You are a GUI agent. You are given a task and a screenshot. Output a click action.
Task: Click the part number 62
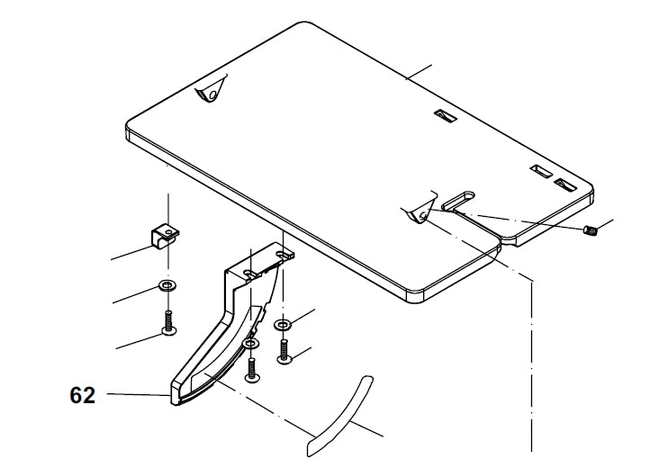(83, 395)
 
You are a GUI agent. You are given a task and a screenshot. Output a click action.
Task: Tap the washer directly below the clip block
(167, 285)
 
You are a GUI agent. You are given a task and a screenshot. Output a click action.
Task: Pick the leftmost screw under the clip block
(168, 323)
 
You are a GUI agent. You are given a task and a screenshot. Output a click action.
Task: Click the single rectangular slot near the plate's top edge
(446, 116)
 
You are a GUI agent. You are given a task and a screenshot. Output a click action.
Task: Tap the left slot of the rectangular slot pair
(542, 171)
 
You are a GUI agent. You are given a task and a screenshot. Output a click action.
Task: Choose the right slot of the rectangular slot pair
(566, 184)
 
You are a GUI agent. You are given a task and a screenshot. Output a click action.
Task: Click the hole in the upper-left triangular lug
(213, 94)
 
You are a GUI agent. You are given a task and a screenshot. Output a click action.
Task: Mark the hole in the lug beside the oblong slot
(423, 214)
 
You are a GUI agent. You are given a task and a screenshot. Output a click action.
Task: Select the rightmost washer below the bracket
(283, 324)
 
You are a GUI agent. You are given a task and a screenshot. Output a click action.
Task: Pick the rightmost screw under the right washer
(284, 352)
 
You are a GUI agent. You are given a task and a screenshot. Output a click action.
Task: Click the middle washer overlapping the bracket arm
(251, 344)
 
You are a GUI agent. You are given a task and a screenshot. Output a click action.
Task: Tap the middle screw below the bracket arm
(252, 370)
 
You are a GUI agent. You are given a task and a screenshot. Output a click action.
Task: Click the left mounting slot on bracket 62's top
(249, 273)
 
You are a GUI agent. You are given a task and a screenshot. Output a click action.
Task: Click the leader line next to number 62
(139, 394)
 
